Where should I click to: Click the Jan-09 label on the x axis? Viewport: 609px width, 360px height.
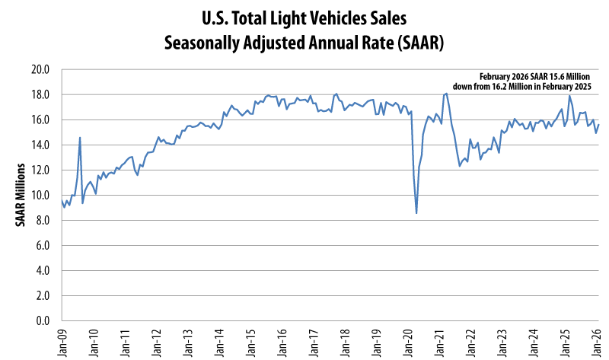[62, 340]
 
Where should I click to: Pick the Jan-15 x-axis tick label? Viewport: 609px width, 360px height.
[250, 340]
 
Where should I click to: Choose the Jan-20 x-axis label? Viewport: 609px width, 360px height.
[407, 340]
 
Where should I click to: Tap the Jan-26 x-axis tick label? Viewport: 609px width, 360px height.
[595, 340]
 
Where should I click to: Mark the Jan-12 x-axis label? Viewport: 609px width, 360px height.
[156, 340]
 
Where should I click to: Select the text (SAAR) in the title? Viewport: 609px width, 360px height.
[410, 42]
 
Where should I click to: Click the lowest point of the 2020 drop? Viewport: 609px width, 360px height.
[416, 213]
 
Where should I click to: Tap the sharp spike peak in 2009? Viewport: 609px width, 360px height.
[80, 138]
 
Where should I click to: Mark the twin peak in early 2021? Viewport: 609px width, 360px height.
[445, 94]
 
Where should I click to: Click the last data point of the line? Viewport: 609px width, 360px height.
[599, 125]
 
